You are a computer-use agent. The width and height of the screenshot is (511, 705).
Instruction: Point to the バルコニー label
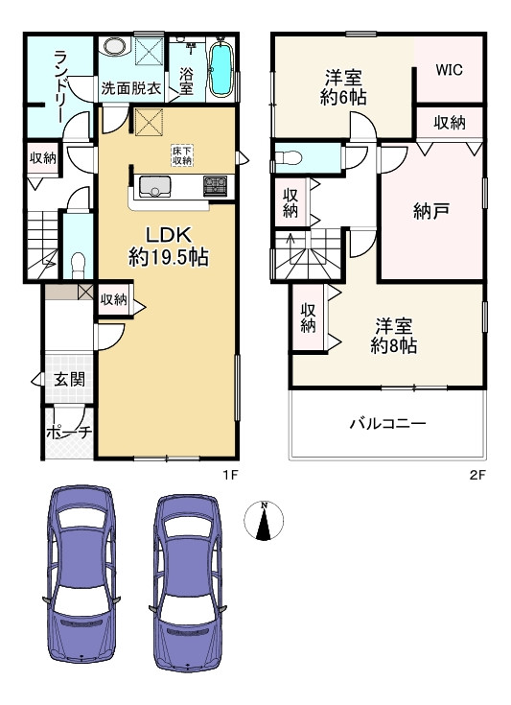387,423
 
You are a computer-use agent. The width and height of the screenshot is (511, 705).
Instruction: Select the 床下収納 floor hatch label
182,155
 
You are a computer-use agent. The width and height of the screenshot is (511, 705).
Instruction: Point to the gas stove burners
214,185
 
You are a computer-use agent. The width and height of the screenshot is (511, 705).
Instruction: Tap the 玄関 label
68,379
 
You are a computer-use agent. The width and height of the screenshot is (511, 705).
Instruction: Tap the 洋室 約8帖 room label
393,337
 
